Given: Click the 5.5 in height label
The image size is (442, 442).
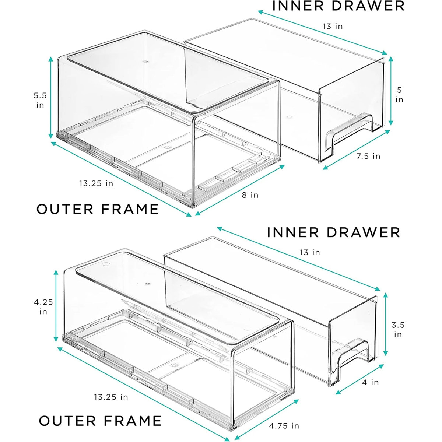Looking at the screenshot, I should (x=40, y=100).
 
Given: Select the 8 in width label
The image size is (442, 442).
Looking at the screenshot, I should (x=250, y=195).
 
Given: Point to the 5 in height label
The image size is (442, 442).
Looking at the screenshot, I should (x=399, y=95).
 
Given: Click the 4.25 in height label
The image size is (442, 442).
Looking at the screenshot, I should (x=43, y=306).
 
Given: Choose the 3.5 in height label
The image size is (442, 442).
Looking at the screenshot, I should (x=398, y=330).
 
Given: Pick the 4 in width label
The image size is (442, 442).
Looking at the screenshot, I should (x=370, y=382).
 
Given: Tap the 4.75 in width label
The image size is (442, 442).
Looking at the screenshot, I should (x=284, y=426).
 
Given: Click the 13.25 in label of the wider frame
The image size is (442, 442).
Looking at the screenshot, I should (x=96, y=183).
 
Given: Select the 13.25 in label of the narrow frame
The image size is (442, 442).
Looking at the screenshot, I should (x=111, y=397).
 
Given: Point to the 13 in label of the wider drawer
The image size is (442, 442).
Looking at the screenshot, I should (x=332, y=26).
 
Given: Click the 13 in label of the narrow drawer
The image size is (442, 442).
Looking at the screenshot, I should (x=310, y=252).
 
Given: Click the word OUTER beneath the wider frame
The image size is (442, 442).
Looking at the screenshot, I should (x=65, y=209).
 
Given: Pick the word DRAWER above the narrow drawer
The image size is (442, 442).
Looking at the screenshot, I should (x=363, y=232).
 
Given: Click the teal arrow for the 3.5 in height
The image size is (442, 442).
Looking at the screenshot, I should (x=386, y=325).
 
